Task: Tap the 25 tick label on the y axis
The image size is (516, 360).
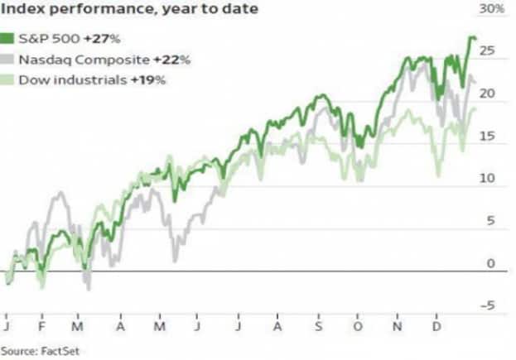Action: [x=488, y=51]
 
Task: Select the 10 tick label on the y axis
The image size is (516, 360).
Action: [x=488, y=178]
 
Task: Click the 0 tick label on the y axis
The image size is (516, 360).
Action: [x=491, y=263]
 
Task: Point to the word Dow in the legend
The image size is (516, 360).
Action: [x=34, y=79]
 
